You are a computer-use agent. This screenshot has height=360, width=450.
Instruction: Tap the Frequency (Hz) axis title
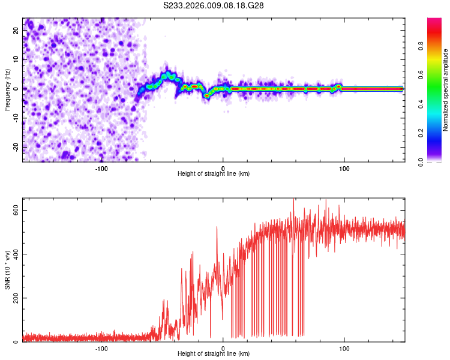tap(7, 89)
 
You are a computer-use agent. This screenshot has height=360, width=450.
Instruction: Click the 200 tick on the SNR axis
tap(14, 298)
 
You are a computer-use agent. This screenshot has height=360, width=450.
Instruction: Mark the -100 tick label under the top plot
tap(101, 168)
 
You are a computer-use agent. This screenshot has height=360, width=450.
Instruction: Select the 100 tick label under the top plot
tap(344, 168)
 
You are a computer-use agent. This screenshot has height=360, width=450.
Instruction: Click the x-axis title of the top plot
tap(214, 174)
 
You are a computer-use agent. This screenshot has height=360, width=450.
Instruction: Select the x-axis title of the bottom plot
tap(214, 354)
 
